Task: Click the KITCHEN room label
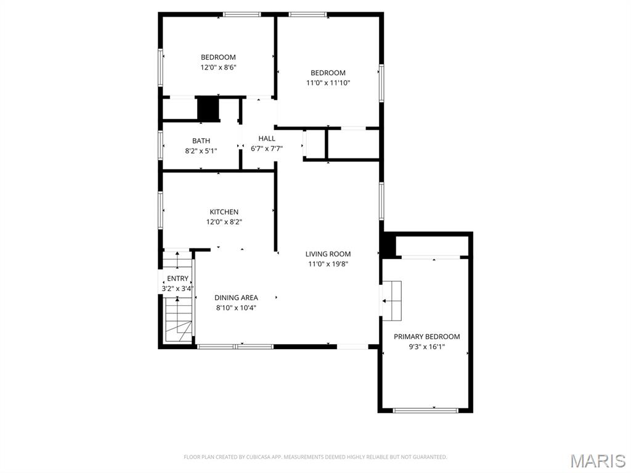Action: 224,212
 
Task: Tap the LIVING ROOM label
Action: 328,254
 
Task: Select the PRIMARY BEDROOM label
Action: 426,337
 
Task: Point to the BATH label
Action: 201,141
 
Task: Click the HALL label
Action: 267,139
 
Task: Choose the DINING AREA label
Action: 236,298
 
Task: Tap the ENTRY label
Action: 177,279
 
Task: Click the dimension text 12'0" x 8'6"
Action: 218,67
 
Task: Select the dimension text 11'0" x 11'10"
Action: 328,83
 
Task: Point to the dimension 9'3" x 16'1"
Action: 426,347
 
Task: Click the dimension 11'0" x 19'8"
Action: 328,264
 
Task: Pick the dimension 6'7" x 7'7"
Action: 267,149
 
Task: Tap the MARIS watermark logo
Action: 597,461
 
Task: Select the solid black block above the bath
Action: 208,109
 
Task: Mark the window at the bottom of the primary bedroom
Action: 426,410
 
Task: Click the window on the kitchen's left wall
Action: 161,210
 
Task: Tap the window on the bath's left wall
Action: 161,145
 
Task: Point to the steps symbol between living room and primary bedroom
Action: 392,300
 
